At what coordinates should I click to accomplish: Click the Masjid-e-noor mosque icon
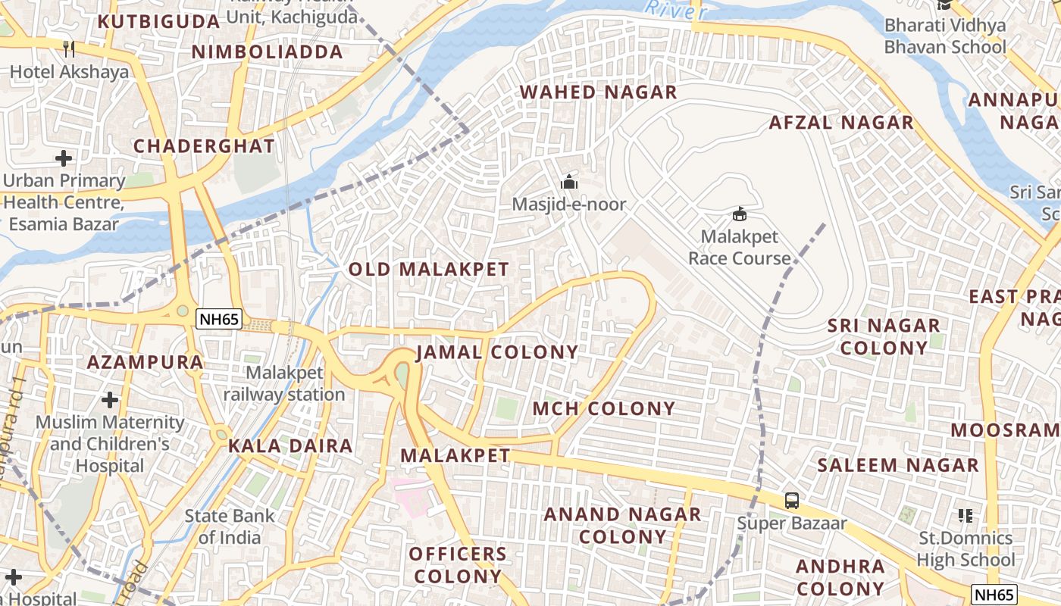tap(568, 182)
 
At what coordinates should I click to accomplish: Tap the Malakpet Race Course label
tap(739, 248)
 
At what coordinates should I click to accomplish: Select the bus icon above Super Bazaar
tap(791, 500)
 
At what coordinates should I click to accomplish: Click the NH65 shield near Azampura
tap(219, 320)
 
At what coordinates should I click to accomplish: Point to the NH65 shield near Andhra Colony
tap(994, 595)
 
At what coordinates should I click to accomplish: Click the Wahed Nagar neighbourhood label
tap(598, 92)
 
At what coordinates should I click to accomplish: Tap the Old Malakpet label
tap(428, 269)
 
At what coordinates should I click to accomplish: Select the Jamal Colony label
tap(497, 352)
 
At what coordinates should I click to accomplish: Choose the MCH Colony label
tap(603, 409)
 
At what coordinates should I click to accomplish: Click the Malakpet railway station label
tap(284, 384)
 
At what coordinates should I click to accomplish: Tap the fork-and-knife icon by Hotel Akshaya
tap(69, 49)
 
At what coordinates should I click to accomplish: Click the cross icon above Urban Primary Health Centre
tap(64, 158)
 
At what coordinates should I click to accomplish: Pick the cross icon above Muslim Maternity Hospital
tap(110, 399)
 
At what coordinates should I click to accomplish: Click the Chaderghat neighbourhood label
tap(204, 146)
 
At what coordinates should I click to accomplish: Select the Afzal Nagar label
tap(841, 123)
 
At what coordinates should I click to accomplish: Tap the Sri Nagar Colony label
tap(884, 336)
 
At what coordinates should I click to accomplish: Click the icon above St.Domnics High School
tap(965, 516)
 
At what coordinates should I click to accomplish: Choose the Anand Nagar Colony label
tap(623, 526)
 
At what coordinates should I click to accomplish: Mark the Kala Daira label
tap(291, 446)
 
